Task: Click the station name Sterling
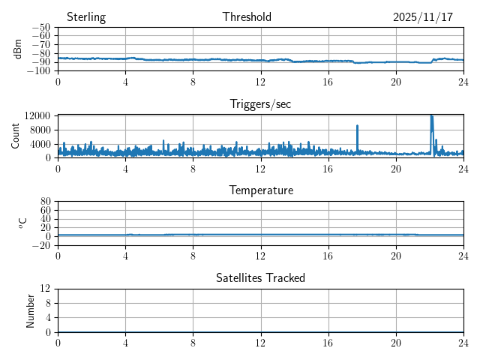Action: click(x=86, y=17)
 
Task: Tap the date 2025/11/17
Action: click(x=423, y=17)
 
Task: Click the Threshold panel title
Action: click(x=247, y=17)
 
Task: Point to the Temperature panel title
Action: click(x=260, y=190)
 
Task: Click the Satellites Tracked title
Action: click(x=260, y=277)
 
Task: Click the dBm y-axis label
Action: click(x=18, y=49)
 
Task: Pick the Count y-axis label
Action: click(x=16, y=136)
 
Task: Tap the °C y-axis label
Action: click(x=22, y=223)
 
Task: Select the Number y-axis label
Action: click(x=31, y=310)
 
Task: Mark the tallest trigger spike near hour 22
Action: click(x=431, y=116)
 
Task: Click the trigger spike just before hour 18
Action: click(x=357, y=127)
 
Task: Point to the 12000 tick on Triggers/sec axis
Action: click(x=36, y=115)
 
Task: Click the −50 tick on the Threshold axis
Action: click(x=40, y=28)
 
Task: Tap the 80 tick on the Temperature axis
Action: click(x=45, y=202)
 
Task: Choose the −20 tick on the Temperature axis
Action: click(x=40, y=245)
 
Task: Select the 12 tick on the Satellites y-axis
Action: click(x=45, y=289)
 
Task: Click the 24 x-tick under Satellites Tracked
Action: click(x=463, y=342)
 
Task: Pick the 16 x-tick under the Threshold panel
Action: click(x=328, y=82)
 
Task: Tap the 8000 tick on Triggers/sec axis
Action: click(x=39, y=130)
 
